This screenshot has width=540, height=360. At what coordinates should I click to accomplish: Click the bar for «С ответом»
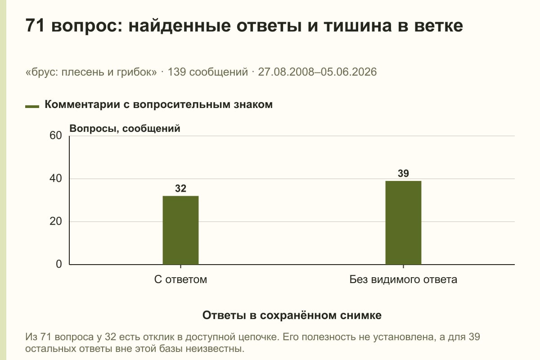click(x=180, y=230)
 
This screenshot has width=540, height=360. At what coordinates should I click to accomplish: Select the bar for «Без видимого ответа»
click(x=403, y=223)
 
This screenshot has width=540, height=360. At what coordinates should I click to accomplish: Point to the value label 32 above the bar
click(x=180, y=188)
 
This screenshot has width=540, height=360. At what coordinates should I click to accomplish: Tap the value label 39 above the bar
click(x=403, y=173)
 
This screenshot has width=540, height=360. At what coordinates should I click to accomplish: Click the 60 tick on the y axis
click(x=56, y=135)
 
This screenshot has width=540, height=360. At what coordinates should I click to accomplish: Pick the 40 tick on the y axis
click(x=56, y=179)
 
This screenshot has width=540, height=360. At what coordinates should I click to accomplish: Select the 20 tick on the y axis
click(x=56, y=221)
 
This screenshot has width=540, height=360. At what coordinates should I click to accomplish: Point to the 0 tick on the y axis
click(x=59, y=264)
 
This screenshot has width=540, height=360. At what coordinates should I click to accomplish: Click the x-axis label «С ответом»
click(x=180, y=279)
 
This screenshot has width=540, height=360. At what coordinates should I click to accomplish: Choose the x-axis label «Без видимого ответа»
click(x=403, y=279)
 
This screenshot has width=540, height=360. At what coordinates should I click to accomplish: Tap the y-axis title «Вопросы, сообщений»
click(x=125, y=129)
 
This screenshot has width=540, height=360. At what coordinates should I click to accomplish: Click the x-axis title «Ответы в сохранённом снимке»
click(x=292, y=315)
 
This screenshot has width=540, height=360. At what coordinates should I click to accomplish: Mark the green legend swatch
click(x=32, y=106)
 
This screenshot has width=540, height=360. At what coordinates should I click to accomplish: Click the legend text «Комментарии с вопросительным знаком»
click(x=158, y=105)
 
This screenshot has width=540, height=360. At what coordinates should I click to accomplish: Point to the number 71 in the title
click(x=35, y=25)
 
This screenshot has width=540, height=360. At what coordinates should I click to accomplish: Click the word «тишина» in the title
click(x=358, y=26)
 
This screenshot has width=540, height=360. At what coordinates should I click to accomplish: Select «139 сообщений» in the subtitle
click(x=207, y=72)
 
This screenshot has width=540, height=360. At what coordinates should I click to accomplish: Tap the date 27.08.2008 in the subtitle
click(x=286, y=72)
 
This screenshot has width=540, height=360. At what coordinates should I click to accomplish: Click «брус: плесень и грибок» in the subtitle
click(x=91, y=72)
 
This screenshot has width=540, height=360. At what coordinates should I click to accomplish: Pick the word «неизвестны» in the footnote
click(x=215, y=349)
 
